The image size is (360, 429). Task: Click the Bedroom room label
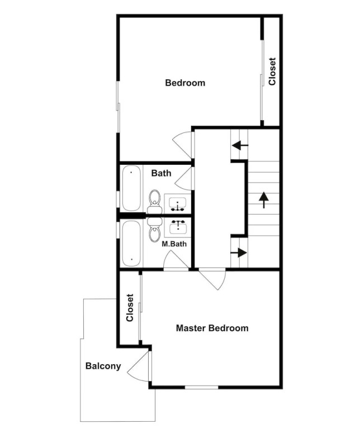tap(185, 83)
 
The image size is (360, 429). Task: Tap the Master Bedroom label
tap(212, 328)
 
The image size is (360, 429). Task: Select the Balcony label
tap(103, 366)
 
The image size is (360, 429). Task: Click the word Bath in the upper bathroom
tap(161, 173)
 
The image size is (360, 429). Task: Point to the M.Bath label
tap(174, 244)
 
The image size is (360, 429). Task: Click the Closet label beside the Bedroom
tap(272, 71)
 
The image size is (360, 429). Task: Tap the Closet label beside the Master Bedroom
tap(130, 308)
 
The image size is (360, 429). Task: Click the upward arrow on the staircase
tap(264, 200)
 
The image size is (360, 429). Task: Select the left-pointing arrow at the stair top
tap(240, 145)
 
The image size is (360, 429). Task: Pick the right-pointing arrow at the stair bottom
tap(239, 252)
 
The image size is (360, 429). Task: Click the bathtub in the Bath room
tap(131, 188)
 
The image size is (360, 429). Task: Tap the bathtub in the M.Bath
tap(131, 244)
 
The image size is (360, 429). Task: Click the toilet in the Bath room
tap(155, 201)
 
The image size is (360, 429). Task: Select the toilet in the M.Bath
tap(155, 230)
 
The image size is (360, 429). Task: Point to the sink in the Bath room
tap(178, 203)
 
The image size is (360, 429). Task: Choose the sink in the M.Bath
tap(178, 227)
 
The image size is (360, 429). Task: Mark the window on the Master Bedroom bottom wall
tap(201, 387)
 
